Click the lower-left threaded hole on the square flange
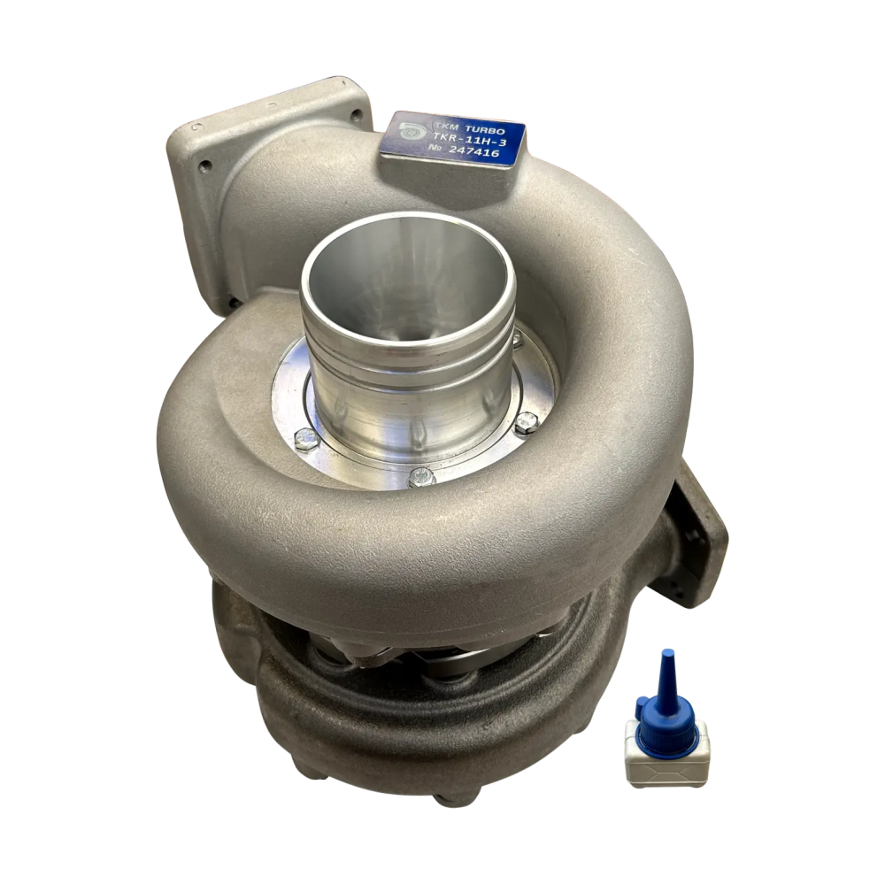(205, 166)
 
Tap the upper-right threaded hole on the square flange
(356, 116)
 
